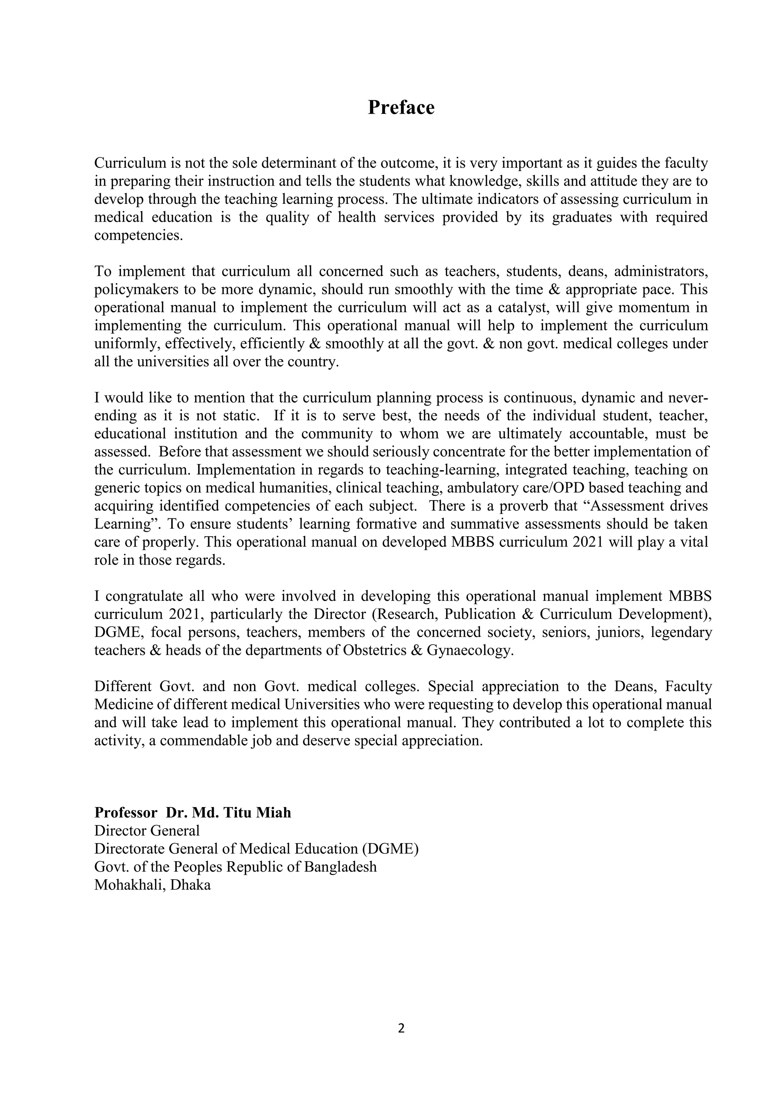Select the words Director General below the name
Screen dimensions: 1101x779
[147, 831]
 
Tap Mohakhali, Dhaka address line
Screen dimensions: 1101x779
[152, 885]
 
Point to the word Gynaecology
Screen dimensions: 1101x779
[469, 651]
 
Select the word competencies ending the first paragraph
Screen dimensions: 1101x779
[138, 236]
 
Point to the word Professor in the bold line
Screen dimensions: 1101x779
[126, 813]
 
